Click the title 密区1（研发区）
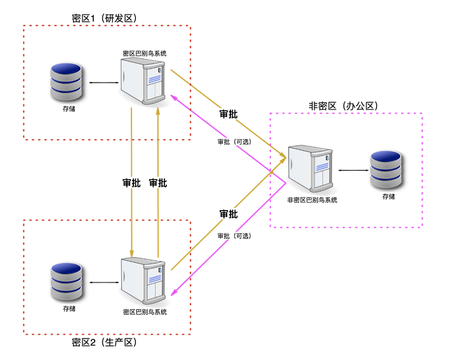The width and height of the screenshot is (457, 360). pos(104,18)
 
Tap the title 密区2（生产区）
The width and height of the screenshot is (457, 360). pos(104,342)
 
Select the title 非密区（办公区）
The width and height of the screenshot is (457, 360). pos(343,106)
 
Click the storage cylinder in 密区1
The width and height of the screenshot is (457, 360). pos(66,82)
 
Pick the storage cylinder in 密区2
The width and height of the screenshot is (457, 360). pos(67,282)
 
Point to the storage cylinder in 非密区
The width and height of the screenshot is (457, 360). pos(386,170)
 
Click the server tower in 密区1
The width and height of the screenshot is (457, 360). pos(143,82)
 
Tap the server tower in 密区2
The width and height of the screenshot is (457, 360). pos(143,281)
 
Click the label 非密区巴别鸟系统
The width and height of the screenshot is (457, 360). pos(312,200)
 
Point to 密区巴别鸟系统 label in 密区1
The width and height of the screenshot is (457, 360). pos(145,53)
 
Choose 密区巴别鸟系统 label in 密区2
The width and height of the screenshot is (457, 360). pos(145,312)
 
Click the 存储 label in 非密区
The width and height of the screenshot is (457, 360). pos(388,196)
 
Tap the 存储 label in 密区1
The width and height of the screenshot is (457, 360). pos(69,109)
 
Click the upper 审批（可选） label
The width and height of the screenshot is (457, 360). pos(234,142)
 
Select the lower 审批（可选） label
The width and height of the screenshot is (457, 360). pos(234,236)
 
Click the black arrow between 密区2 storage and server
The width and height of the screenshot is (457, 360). pos(104,282)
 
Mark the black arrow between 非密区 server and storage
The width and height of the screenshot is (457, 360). pos(354,170)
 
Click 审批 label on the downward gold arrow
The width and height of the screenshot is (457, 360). pos(132,183)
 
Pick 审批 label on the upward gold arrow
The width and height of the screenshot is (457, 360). pos(158,183)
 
